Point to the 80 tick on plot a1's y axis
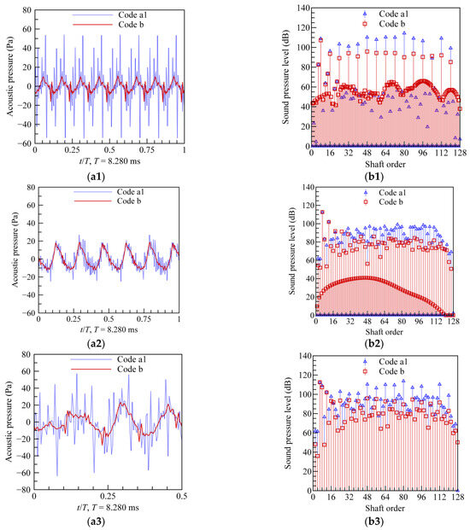26,11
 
